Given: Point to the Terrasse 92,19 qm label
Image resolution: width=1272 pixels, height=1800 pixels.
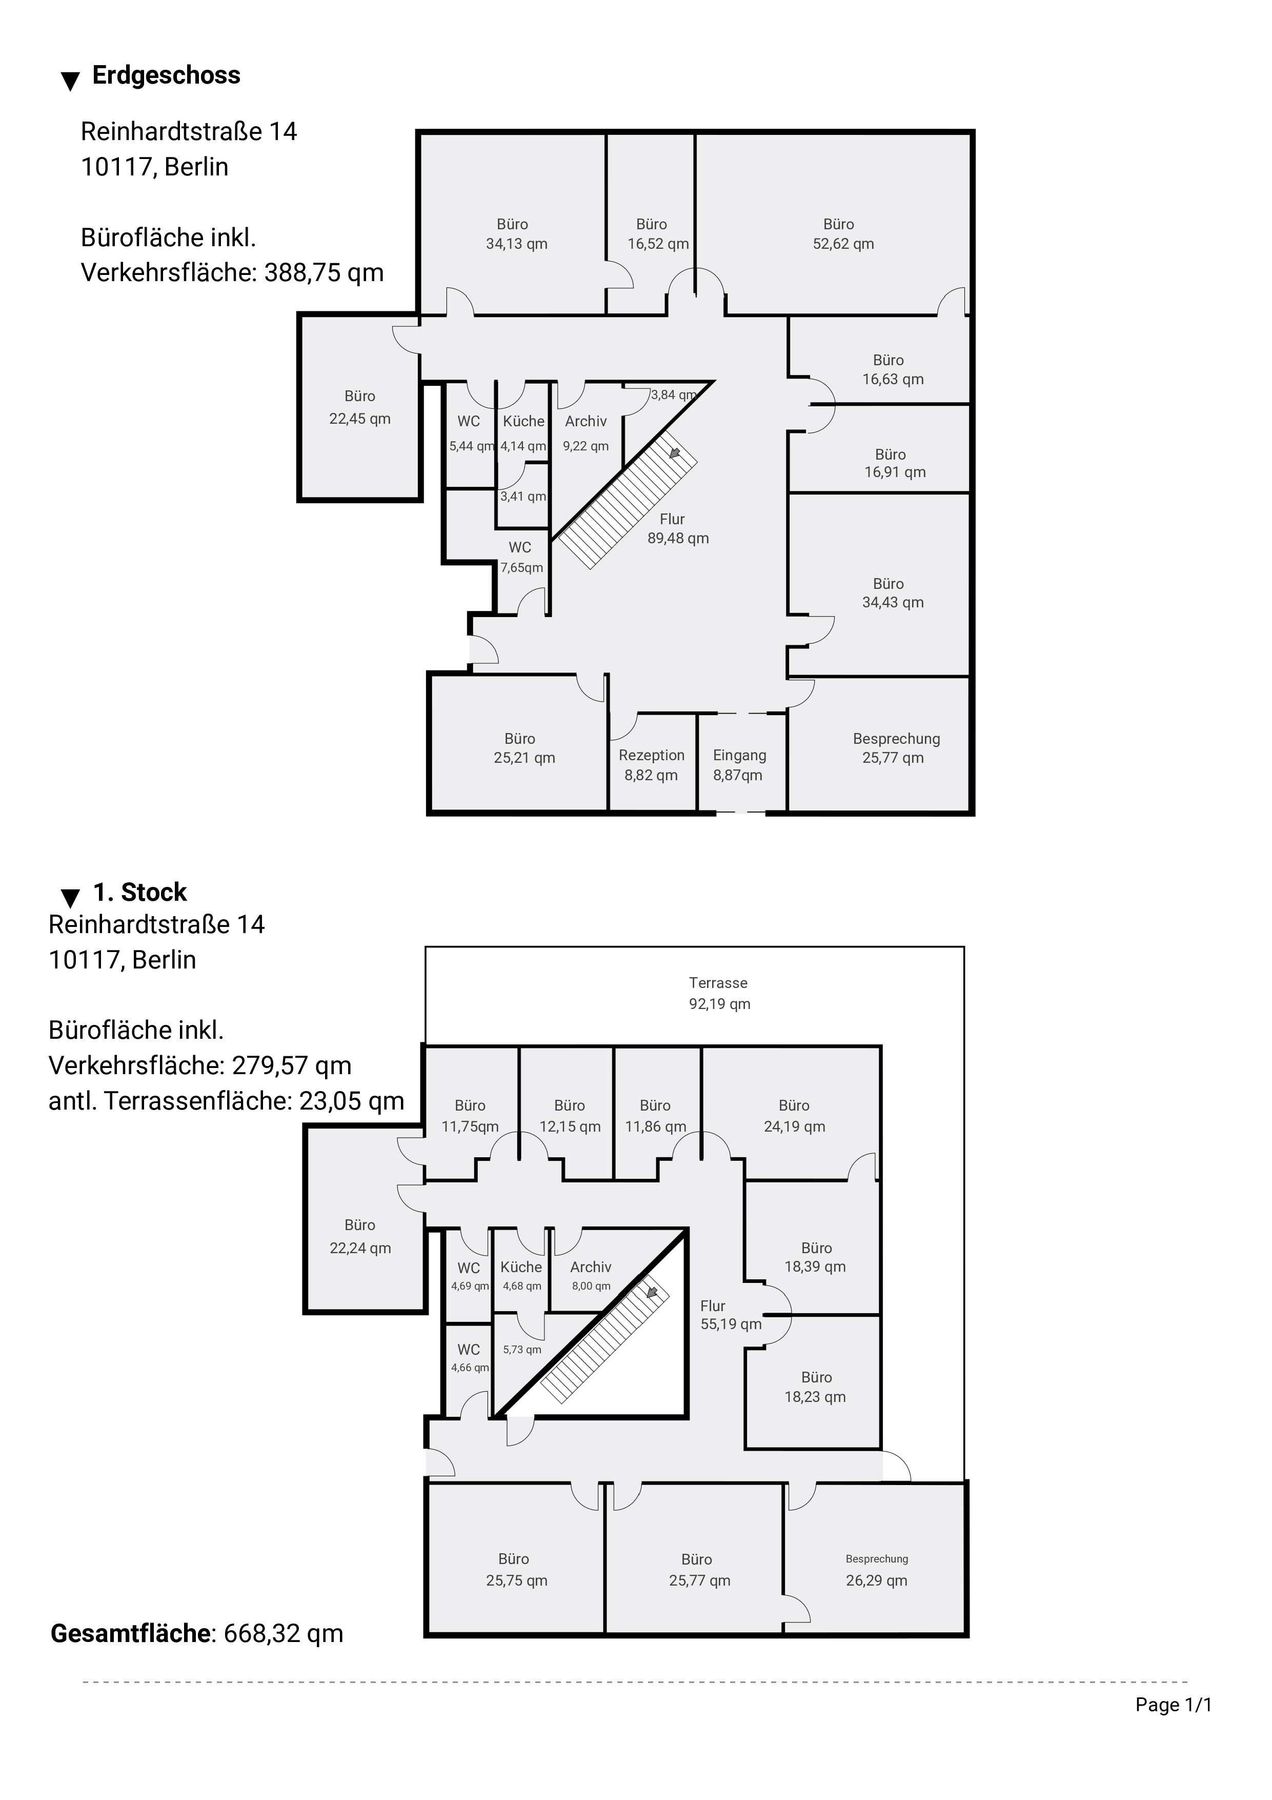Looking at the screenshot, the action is (x=719, y=993).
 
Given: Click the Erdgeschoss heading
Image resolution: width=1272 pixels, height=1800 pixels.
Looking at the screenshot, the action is (x=166, y=75).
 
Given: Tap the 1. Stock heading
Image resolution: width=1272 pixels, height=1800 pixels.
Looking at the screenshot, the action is (x=140, y=892).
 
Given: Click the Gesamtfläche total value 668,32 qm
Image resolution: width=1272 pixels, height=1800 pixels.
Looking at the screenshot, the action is (x=284, y=1634).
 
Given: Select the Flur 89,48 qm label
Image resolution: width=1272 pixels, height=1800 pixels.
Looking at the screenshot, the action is (x=678, y=528).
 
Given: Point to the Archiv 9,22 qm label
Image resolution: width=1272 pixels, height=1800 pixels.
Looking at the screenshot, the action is (x=585, y=433).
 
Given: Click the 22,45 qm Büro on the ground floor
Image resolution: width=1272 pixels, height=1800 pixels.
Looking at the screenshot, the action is (x=360, y=407).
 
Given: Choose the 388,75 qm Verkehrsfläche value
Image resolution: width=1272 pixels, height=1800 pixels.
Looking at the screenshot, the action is (x=324, y=273).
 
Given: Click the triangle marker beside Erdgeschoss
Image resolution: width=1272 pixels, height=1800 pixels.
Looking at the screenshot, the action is (x=71, y=81).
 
